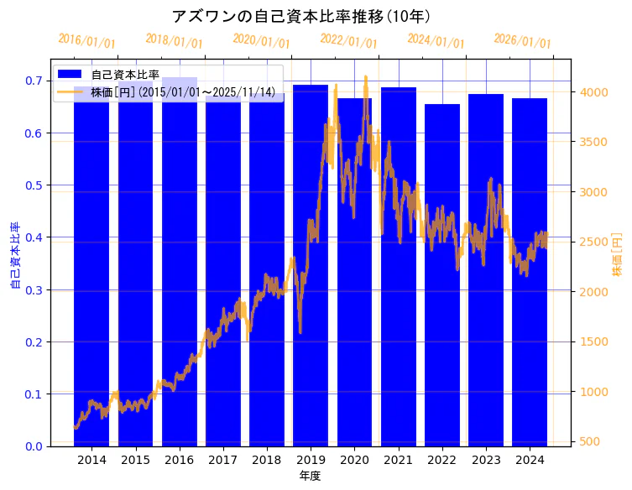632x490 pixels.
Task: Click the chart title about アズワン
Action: click(x=301, y=16)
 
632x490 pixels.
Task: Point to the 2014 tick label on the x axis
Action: click(x=91, y=460)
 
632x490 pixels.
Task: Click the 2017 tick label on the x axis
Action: click(x=223, y=460)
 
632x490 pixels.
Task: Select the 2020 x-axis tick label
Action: click(x=354, y=460)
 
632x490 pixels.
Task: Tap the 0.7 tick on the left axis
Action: click(x=34, y=81)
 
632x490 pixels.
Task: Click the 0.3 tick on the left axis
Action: click(x=34, y=289)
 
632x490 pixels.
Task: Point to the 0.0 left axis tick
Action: click(x=34, y=446)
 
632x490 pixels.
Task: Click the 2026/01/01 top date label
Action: click(x=522, y=40)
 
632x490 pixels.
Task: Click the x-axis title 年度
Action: click(x=310, y=476)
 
